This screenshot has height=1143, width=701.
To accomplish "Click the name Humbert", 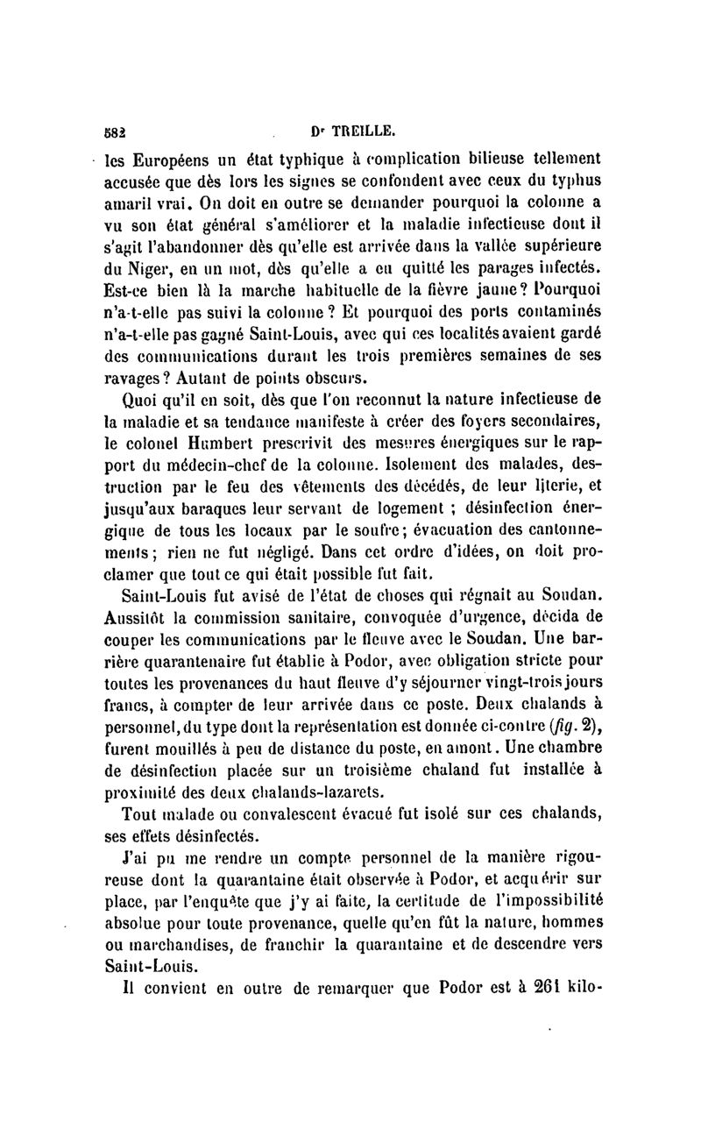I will pos(223,445).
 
